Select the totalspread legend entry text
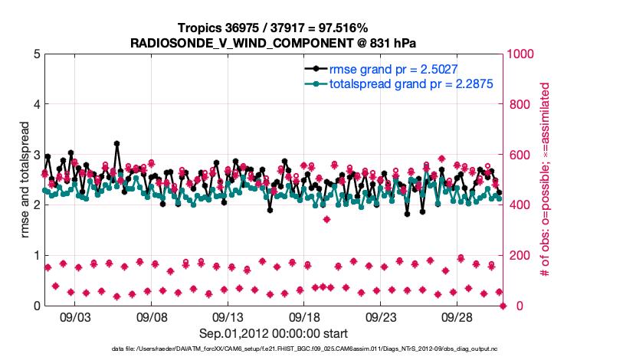[x=411, y=83]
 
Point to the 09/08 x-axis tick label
[x=152, y=316]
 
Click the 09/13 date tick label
[x=228, y=316]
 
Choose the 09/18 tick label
[x=304, y=316]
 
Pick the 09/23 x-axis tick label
[x=381, y=316]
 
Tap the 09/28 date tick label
[x=457, y=316]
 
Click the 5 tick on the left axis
[x=37, y=54]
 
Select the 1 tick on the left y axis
[x=37, y=256]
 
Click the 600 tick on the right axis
[x=518, y=155]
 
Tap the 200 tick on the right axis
[x=518, y=256]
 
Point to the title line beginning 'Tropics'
[x=274, y=28]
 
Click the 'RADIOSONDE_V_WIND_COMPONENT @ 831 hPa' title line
[x=274, y=43]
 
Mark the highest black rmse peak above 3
[x=116, y=143]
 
